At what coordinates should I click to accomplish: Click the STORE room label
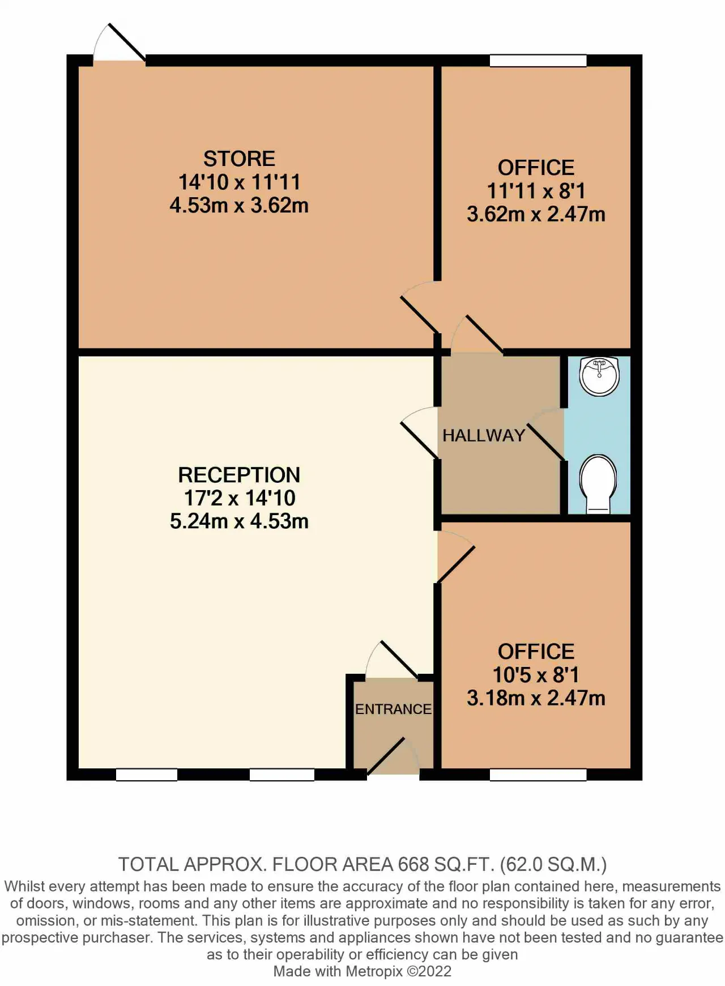tap(239, 159)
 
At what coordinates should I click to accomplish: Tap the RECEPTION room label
tap(239, 475)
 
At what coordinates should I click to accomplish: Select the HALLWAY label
tap(484, 435)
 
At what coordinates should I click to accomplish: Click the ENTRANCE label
tap(393, 709)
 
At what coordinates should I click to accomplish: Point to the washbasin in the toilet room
tap(599, 376)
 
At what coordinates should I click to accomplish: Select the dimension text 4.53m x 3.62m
tap(239, 205)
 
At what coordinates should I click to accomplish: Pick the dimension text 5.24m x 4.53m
tap(239, 521)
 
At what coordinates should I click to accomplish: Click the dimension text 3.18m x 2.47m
tap(536, 698)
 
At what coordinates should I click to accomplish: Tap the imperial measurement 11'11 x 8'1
tap(536, 191)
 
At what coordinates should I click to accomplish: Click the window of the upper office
tap(538, 61)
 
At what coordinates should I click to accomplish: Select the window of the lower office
tap(538, 775)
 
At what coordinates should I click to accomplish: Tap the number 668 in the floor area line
tap(413, 865)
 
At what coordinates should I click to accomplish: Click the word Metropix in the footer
tap(374, 971)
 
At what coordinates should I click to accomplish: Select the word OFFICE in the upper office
tap(536, 168)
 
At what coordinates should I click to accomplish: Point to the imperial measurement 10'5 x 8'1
tap(536, 675)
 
